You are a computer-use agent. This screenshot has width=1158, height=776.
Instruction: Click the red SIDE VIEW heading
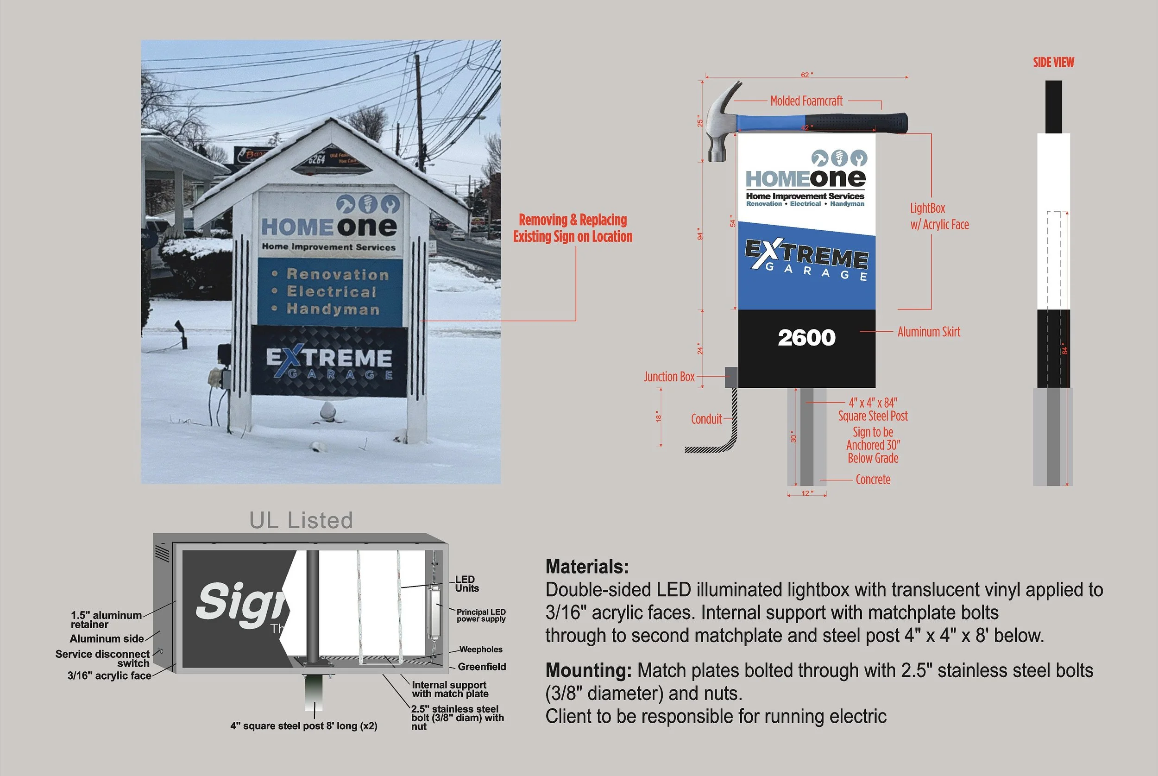pos(1053,63)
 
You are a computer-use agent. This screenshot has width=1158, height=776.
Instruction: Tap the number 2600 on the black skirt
pos(806,338)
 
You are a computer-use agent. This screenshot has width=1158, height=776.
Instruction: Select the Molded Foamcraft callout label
pos(806,101)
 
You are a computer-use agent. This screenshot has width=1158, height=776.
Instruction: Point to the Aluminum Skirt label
pos(928,332)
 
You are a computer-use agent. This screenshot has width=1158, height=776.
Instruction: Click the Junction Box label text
pos(669,377)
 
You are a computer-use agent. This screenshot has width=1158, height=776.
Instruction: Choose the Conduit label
pos(706,419)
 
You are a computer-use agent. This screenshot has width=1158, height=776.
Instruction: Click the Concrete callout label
pos(873,479)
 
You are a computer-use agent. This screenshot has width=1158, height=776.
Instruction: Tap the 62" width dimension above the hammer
pos(807,75)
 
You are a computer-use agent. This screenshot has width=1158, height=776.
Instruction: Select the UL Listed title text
pos(301,521)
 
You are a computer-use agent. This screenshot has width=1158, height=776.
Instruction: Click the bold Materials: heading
pos(587,567)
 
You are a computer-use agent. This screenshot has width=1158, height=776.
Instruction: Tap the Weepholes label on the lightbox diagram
pos(480,650)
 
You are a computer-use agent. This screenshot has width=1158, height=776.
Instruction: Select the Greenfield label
pos(482,667)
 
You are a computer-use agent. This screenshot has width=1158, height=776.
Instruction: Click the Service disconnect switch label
pos(103,659)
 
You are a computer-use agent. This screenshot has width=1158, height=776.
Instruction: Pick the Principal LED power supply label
pos(481,615)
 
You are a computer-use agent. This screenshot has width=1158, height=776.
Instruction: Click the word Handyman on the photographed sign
pos(333,309)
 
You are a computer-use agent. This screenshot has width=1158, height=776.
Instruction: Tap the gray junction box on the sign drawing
pos(730,377)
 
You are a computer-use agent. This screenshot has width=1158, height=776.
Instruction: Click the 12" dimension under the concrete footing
pos(807,493)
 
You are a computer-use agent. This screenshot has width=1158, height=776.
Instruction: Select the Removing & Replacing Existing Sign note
pos(573,228)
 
